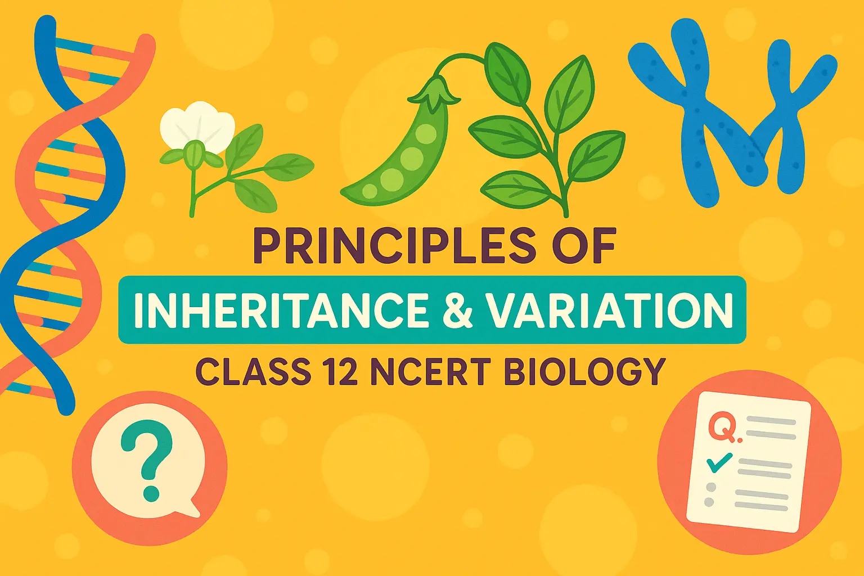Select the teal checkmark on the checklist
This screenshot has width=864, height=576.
click(x=718, y=462)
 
